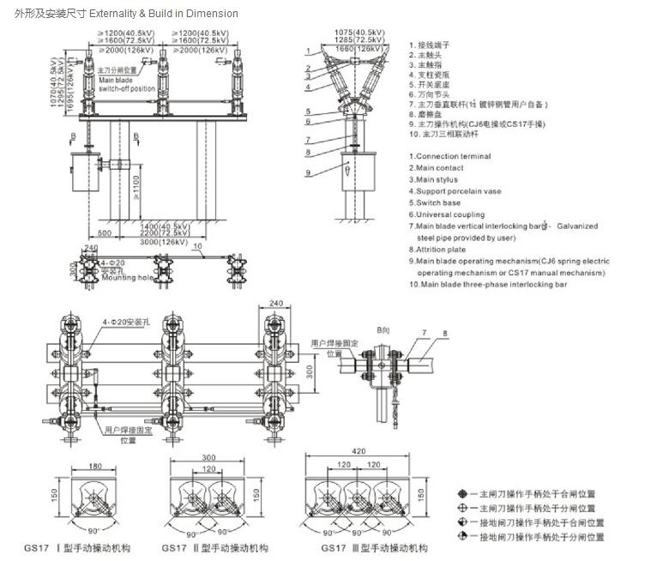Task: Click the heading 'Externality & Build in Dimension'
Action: point(171,14)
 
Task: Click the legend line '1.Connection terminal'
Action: point(453,156)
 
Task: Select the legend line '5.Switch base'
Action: point(437,203)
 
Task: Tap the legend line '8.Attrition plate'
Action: point(442,250)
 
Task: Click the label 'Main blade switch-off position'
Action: point(126,84)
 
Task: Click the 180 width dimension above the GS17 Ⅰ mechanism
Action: point(94,467)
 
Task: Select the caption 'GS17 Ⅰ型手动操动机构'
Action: point(99,547)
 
